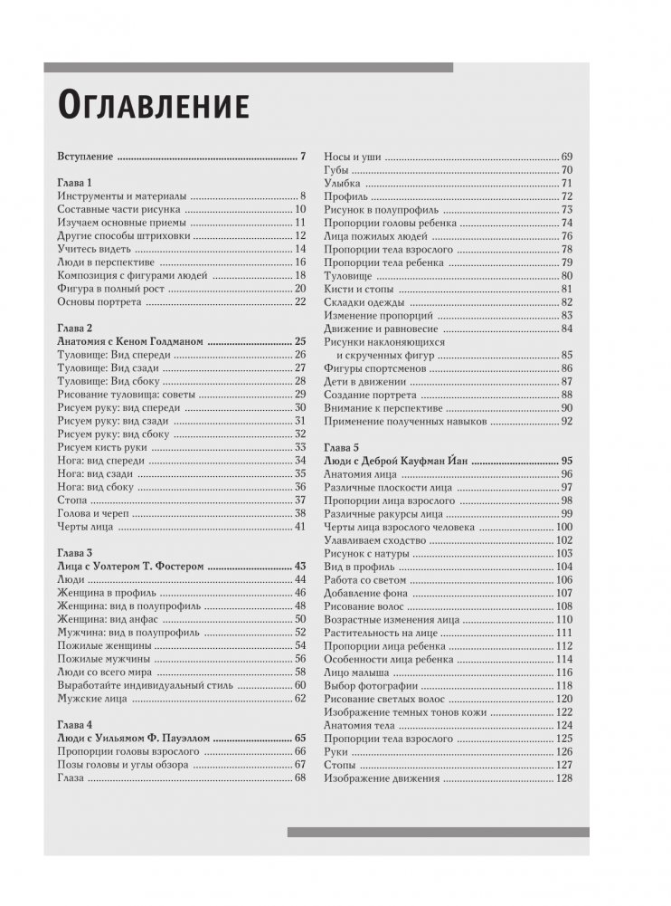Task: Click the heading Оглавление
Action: (153, 105)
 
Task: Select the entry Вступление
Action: (86, 156)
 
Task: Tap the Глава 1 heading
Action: (75, 182)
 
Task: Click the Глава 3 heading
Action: (75, 552)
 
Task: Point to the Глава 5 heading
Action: (342, 447)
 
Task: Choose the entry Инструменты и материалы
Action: (121, 196)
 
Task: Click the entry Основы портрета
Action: (101, 300)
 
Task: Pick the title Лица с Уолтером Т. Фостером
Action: (131, 566)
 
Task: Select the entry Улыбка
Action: (342, 183)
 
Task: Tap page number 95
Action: (567, 461)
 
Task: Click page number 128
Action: (564, 778)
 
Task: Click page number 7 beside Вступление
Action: (304, 156)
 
